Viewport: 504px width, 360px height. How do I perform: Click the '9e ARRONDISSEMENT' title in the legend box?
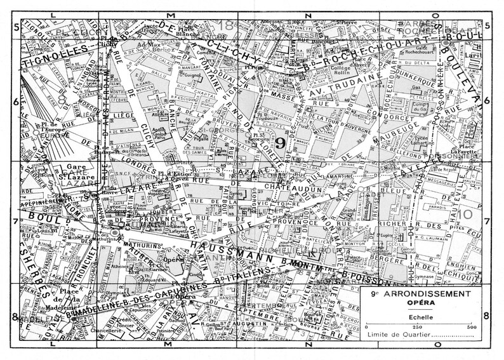418,295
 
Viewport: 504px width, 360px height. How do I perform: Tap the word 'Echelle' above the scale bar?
417,315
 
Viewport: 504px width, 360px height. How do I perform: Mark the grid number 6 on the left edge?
15,100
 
